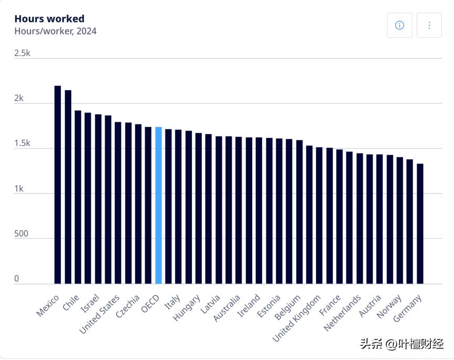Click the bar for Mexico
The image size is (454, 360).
click(58, 184)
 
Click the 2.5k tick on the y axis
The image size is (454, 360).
click(23, 54)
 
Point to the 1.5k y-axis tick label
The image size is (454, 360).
click(23, 144)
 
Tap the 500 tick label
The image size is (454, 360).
click(21, 234)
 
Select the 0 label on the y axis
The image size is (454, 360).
click(17, 279)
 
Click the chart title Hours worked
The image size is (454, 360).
click(49, 19)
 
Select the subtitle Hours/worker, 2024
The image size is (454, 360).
click(55, 31)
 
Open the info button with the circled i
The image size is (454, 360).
click(399, 25)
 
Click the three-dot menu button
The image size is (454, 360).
click(429, 25)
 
